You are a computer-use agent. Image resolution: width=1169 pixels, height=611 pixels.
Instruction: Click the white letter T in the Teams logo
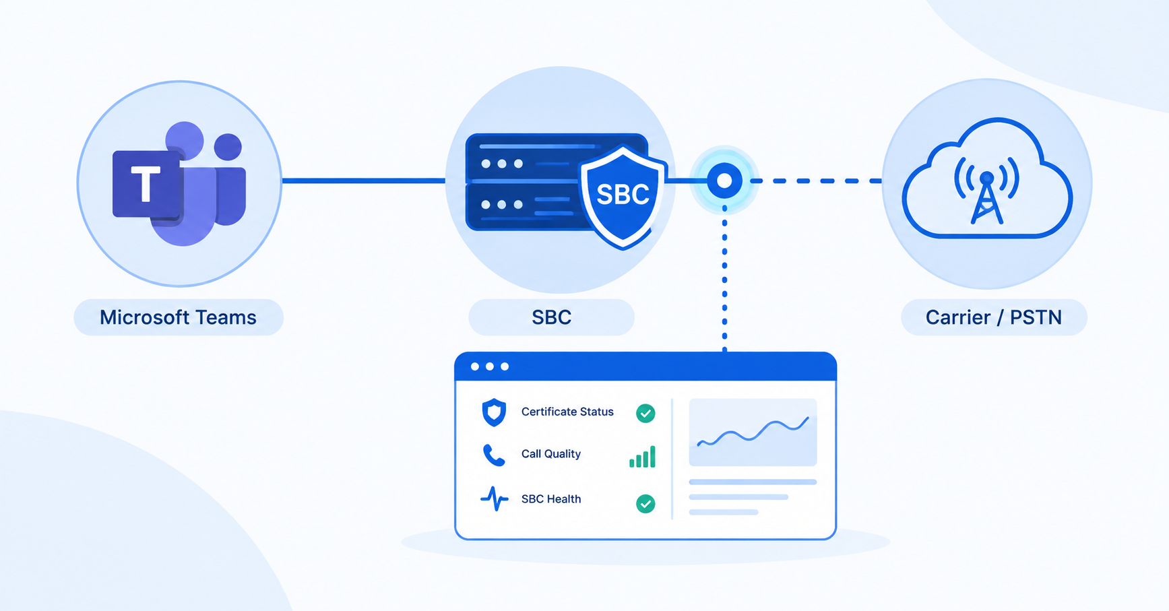tap(146, 183)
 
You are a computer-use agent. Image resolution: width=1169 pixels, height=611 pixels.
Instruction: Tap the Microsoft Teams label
tap(179, 317)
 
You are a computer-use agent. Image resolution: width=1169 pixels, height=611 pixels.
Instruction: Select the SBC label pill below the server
tap(551, 317)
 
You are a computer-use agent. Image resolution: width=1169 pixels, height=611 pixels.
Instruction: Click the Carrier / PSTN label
tap(994, 317)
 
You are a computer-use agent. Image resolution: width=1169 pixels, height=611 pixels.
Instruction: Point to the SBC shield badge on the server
tap(623, 196)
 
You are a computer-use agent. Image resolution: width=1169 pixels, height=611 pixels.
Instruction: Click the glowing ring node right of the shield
tap(724, 181)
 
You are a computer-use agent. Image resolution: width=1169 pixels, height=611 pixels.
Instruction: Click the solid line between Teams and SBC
tap(364, 181)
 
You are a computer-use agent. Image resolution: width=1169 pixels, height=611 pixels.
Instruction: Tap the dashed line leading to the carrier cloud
tap(817, 181)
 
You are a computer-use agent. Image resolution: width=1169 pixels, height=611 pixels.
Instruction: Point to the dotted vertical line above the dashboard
tap(724, 279)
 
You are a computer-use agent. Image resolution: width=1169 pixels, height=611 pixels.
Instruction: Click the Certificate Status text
tap(567, 412)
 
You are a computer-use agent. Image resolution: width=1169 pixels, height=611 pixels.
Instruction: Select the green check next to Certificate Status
tap(645, 413)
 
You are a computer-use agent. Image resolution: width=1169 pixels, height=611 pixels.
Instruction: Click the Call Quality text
tap(550, 454)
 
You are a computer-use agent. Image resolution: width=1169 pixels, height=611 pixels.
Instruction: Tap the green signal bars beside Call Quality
tap(642, 457)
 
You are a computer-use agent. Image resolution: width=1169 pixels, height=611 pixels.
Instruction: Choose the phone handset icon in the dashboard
tap(494, 455)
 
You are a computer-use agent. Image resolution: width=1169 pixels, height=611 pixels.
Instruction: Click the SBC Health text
tap(550, 499)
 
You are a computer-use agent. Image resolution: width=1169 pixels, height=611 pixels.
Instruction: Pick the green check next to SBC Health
tap(645, 503)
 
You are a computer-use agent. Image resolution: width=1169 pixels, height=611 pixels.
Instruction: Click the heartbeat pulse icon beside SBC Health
tap(494, 499)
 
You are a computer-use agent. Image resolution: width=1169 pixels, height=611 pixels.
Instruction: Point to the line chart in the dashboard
tap(753, 432)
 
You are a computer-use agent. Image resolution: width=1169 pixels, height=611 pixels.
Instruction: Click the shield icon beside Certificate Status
tap(494, 412)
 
